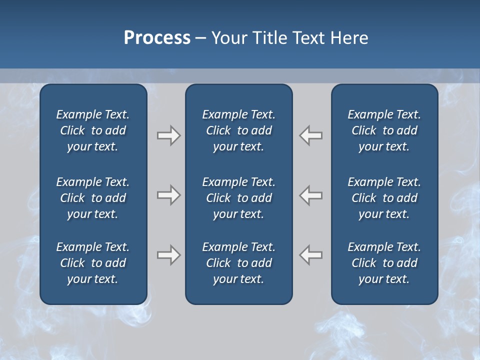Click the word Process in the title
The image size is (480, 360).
pos(157,38)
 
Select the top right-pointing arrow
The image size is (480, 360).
pos(169,135)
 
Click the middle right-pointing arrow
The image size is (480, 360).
pos(169,195)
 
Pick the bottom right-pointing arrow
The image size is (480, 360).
pos(169,255)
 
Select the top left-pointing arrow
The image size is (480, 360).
pos(311,135)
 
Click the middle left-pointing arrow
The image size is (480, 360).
pos(311,195)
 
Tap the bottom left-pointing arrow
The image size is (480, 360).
pos(311,255)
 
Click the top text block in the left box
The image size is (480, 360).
pos(93,130)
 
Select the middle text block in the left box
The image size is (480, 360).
pos(93,198)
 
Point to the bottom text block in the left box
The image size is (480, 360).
pos(93,263)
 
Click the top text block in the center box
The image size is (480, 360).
pos(238,130)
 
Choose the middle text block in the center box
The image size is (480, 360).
pos(238,198)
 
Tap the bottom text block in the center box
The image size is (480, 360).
pos(238,263)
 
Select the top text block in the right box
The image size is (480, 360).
pos(384,130)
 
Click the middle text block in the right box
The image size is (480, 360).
pos(384,198)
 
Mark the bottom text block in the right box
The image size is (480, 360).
pos(384,263)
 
